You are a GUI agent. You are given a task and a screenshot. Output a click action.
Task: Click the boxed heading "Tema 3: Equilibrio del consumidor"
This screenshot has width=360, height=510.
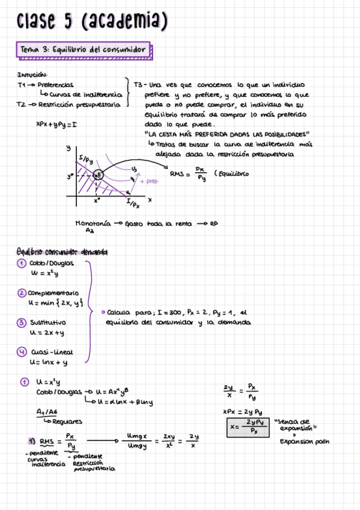coord(82,49)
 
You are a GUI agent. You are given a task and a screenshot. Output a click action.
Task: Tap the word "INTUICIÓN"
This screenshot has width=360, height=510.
coord(32,75)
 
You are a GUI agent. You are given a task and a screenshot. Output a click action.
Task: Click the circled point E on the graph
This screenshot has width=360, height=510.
coord(99,174)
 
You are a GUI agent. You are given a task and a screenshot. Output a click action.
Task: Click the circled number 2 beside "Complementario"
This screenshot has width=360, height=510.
coord(22,293)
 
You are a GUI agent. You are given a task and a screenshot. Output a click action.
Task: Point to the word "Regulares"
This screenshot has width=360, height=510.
coord(63,422)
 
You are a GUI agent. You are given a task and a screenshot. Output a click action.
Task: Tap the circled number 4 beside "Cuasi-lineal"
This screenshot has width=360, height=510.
coord(22,352)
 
